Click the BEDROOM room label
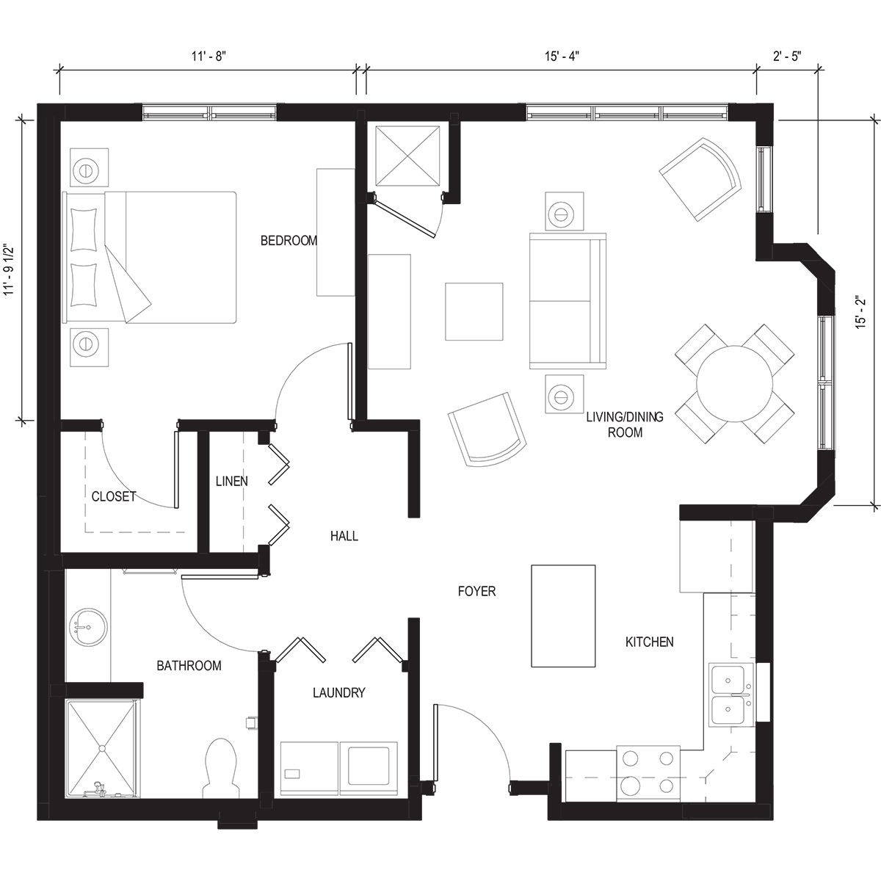289,241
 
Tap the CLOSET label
113,496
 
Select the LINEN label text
231,482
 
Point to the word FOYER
476,591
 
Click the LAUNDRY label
338,692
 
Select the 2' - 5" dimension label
787,55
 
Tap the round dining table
734,383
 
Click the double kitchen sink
730,694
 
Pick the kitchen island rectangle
563,615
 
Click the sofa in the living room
568,301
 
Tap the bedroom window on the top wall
210,112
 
